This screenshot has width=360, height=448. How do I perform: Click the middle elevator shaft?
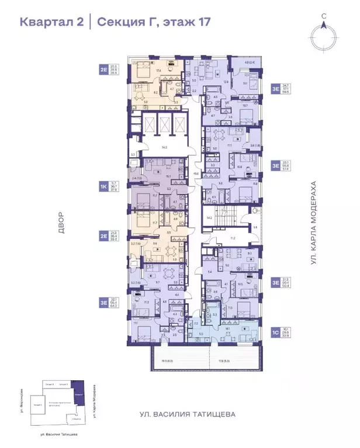pyautogui.click(x=164, y=124)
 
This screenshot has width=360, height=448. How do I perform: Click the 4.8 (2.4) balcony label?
pyautogui.click(x=248, y=62)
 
